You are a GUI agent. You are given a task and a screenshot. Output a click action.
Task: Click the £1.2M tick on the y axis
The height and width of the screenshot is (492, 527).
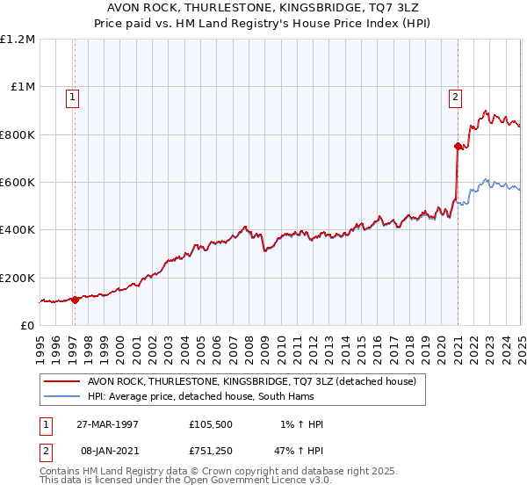(18, 40)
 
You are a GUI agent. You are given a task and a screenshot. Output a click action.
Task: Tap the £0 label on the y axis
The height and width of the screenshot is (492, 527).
(27, 326)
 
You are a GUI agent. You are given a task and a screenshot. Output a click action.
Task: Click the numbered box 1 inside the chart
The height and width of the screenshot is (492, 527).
(71, 98)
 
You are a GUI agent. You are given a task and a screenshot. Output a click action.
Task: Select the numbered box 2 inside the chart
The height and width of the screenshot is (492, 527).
(456, 98)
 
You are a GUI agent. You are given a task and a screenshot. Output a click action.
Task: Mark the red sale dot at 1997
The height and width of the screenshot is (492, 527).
(75, 300)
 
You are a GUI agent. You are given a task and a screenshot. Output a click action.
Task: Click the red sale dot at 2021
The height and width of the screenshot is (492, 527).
(458, 147)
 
